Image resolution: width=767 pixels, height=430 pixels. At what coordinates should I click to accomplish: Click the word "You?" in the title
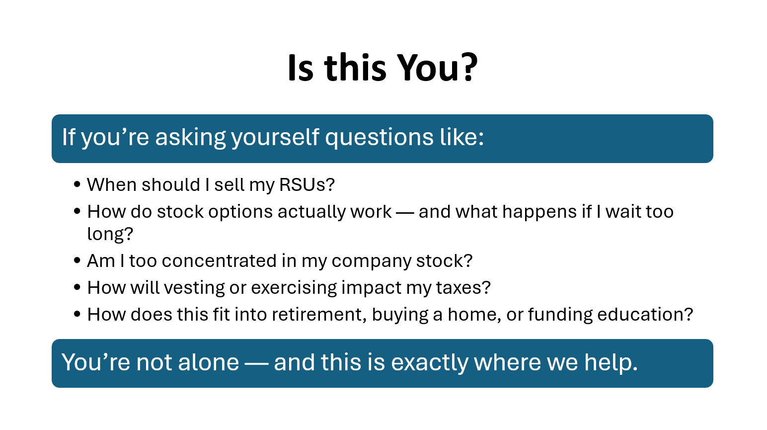tap(437, 68)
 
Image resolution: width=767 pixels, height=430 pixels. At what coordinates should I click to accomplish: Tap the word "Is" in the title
tap(301, 68)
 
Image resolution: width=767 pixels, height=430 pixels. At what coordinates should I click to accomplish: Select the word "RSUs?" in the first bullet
tap(307, 185)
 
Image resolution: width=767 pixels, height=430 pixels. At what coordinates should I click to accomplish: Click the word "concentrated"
tap(219, 261)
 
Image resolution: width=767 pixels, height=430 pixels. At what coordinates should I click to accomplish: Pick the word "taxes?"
tap(463, 287)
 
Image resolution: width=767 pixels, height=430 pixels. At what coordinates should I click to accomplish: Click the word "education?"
tap(645, 314)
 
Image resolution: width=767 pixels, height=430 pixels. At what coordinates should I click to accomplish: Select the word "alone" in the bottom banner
tap(209, 362)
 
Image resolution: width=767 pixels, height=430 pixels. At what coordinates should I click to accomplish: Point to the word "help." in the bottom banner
tap(611, 362)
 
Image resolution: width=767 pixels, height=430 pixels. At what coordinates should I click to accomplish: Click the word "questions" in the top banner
tap(380, 138)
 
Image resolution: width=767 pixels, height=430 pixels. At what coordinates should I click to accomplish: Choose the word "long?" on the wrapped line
tap(110, 235)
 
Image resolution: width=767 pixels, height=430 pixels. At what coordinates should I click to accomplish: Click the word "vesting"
tap(194, 288)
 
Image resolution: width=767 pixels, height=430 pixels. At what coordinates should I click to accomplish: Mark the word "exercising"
tap(294, 288)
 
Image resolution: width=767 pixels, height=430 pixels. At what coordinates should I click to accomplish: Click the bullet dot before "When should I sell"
tap(77, 184)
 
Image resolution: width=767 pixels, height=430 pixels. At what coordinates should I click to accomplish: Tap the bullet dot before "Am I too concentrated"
tap(77, 260)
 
